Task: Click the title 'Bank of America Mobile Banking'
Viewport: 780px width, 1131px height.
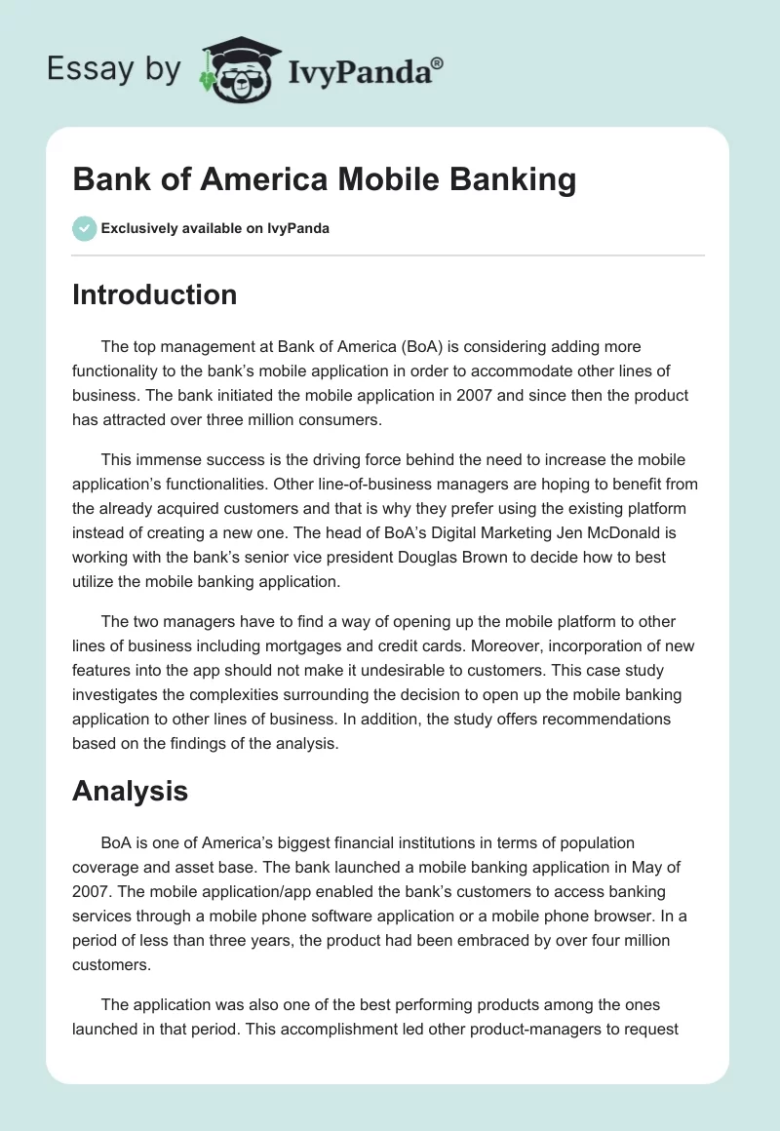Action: click(324, 180)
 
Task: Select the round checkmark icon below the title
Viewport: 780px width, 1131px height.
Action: click(84, 228)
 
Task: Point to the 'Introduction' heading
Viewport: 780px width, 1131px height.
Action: click(154, 294)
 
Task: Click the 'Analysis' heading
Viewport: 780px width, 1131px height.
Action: click(130, 790)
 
